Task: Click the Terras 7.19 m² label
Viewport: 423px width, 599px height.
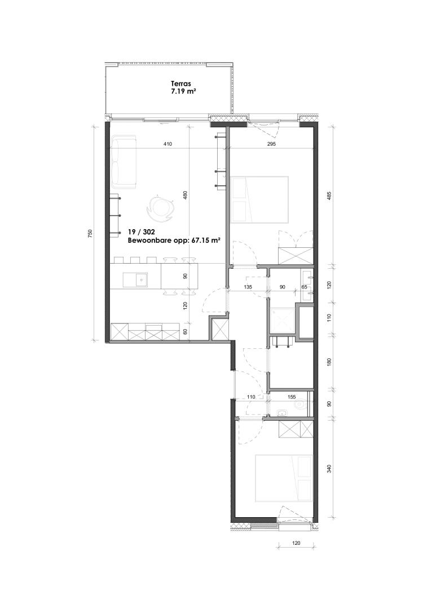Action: [180, 88]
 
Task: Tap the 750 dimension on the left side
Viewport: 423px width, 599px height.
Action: [90, 233]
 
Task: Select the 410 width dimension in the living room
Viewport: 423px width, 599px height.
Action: [168, 144]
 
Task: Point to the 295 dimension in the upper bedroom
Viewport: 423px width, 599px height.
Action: [271, 144]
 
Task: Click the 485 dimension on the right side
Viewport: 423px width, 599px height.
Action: [329, 195]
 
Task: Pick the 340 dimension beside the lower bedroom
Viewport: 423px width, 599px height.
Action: [329, 468]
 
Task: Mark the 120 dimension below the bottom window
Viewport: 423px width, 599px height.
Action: [296, 543]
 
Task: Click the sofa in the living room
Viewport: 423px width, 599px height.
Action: [125, 161]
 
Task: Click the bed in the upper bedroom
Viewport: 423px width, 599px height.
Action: [259, 199]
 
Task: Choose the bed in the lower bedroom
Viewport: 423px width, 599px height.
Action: [284, 478]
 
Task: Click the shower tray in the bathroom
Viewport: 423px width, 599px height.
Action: [282, 321]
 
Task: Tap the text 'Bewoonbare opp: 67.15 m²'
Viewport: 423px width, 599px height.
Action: [175, 241]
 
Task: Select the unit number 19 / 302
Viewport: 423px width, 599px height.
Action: [141, 232]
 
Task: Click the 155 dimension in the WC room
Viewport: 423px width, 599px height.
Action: [292, 397]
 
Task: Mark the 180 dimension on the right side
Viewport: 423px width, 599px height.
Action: [329, 362]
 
